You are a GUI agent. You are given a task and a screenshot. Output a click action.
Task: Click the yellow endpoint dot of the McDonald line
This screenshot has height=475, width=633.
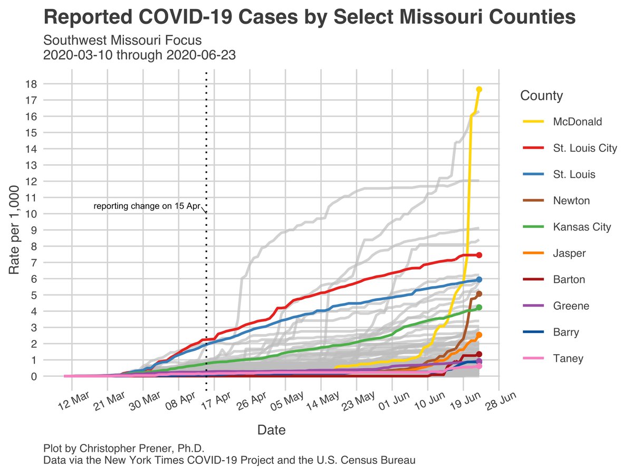(479, 89)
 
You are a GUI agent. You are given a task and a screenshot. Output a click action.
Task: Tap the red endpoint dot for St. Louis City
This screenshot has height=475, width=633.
(479, 255)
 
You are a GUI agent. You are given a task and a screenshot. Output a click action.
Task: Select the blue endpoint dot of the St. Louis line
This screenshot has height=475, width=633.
(479, 279)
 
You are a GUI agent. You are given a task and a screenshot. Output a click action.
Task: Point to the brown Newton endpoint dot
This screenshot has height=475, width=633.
(479, 294)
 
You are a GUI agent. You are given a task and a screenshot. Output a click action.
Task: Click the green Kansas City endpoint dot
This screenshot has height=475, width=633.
(479, 307)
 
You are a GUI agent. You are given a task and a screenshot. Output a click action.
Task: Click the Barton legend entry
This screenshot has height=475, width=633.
(569, 280)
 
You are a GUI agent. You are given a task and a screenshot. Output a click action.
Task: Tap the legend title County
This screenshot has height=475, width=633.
(541, 96)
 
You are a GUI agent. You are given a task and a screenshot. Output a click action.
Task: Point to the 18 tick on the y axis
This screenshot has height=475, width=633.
(31, 84)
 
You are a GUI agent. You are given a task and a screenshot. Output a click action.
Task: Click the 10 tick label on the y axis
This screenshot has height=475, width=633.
(31, 214)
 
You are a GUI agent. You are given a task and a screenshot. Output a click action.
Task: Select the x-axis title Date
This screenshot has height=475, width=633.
(271, 430)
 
